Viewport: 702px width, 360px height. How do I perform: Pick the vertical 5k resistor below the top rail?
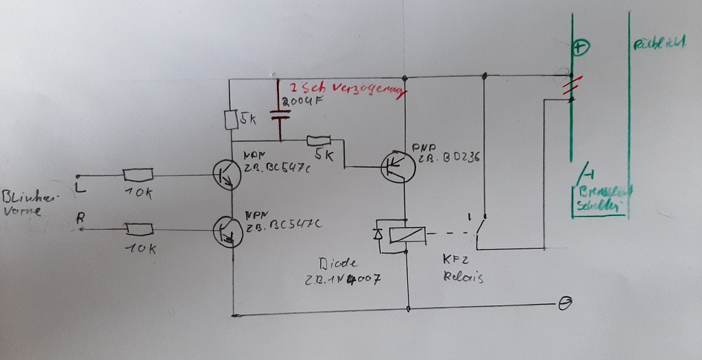click(x=231, y=121)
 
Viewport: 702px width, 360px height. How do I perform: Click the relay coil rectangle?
click(x=407, y=235)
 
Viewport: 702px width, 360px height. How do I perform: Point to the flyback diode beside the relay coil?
click(x=379, y=235)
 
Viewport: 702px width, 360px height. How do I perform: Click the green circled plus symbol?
click(x=580, y=48)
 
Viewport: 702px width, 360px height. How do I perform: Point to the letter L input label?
click(x=81, y=186)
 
